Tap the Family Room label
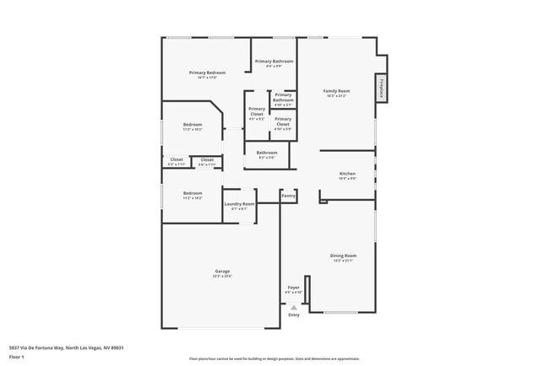coord(337,90)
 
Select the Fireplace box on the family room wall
coord(382,89)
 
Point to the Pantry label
coord(288,196)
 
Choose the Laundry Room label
coord(239,203)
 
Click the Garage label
coord(222,271)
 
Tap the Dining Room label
coord(343,255)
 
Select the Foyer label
coord(293,288)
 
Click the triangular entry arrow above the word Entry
coord(293,308)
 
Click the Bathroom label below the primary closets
coord(267,153)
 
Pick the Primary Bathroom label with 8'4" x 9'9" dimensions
coord(274,62)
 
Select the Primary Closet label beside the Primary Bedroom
coord(257,111)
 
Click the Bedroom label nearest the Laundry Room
coord(193,193)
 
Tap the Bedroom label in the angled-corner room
coord(193,125)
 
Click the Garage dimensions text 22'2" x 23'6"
coord(222,276)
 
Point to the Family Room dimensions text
coord(337,95)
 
